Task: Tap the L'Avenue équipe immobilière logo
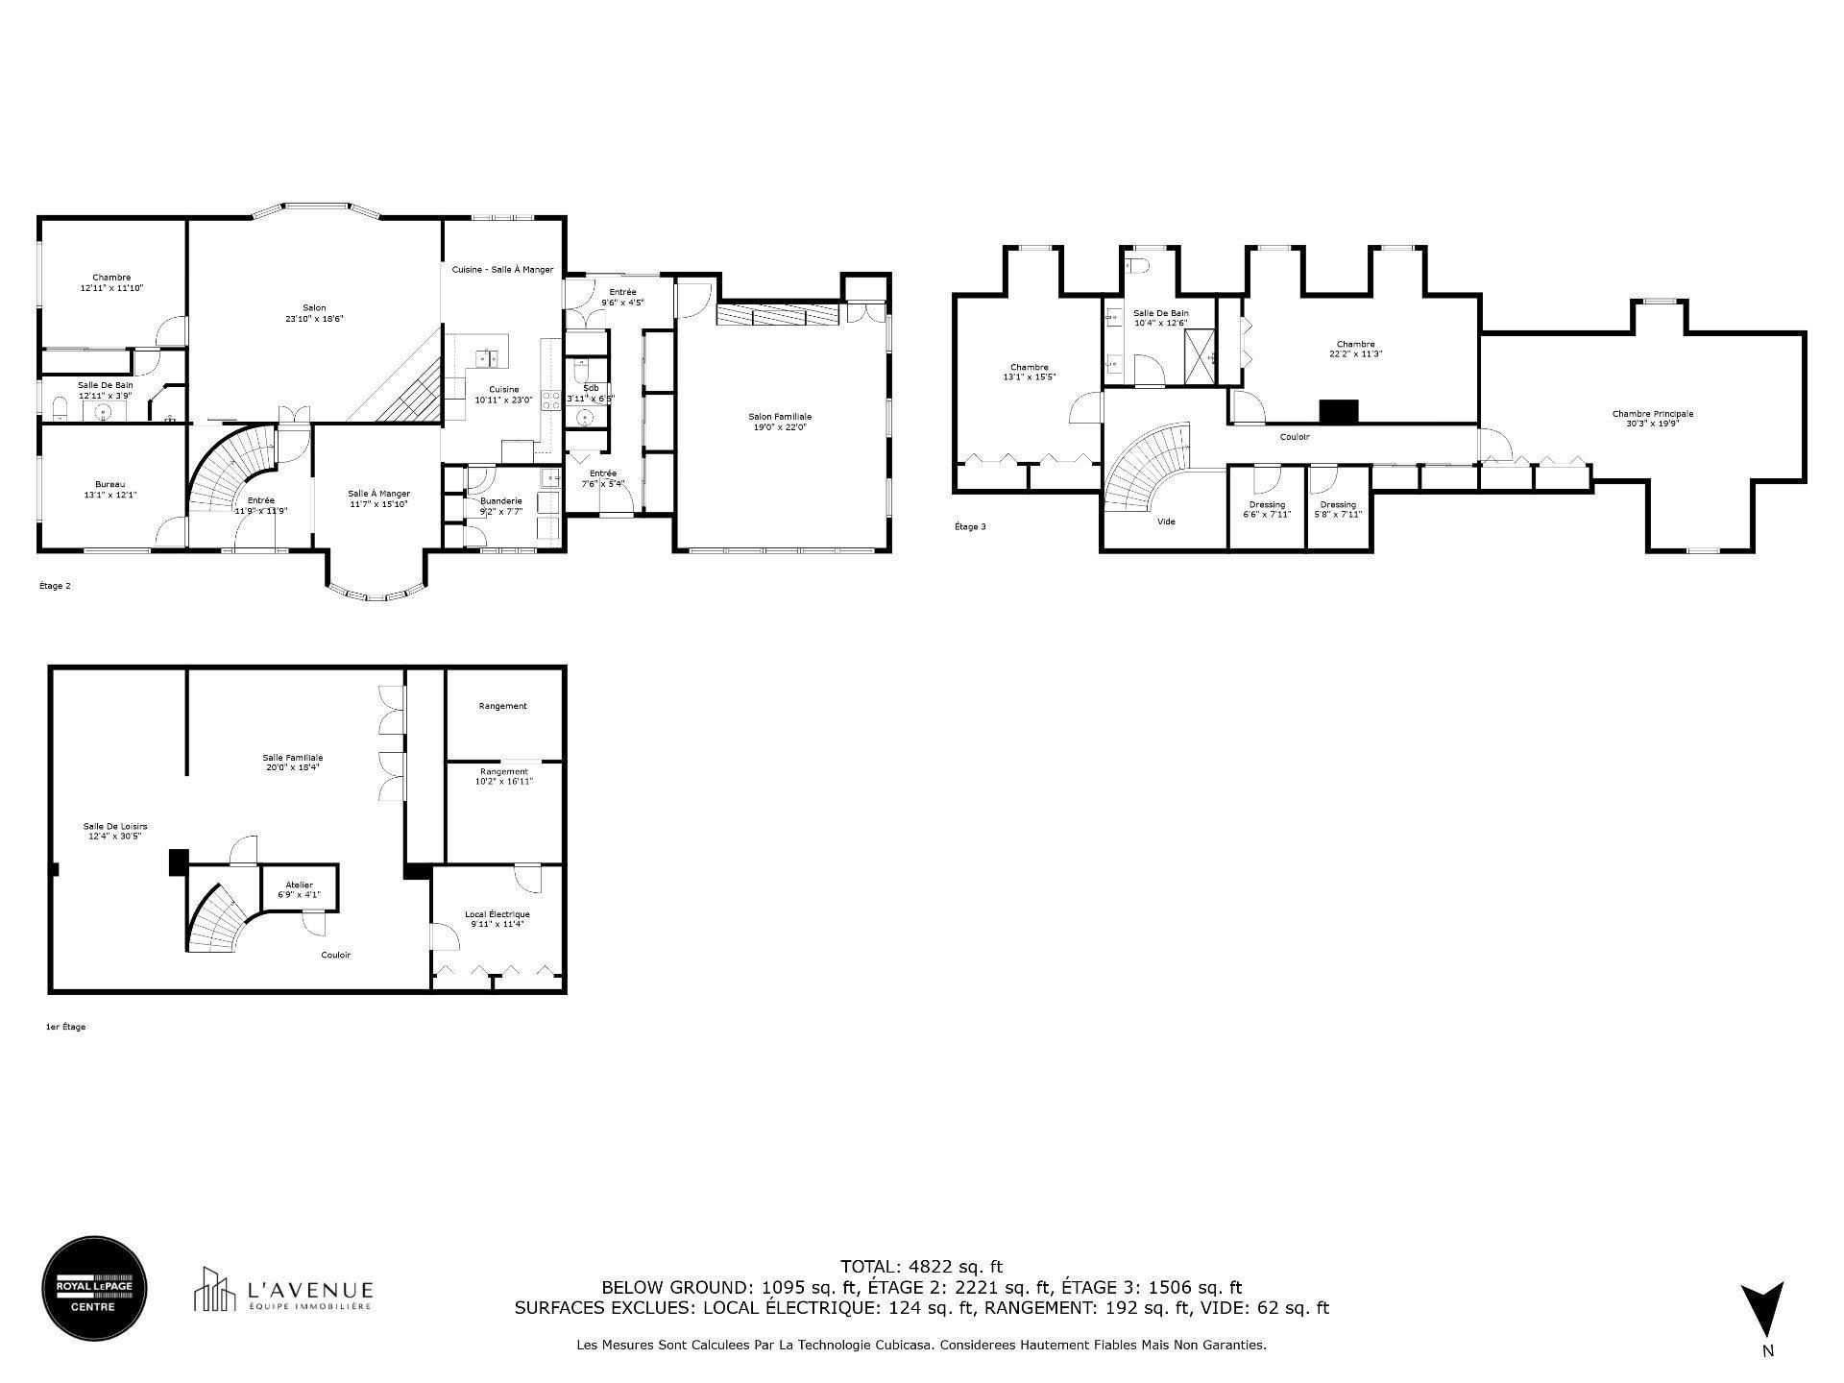(x=283, y=1290)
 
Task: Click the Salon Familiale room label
(x=780, y=422)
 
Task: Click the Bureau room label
(x=109, y=490)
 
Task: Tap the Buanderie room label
(x=501, y=506)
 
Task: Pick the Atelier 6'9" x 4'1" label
(x=299, y=889)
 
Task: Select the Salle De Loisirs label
(x=115, y=831)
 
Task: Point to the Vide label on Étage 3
(x=1166, y=522)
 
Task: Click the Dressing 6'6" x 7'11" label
(x=1267, y=509)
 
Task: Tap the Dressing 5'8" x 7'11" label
(x=1338, y=509)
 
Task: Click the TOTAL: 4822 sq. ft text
(x=921, y=1267)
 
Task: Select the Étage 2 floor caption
(x=55, y=586)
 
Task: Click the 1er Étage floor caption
(x=65, y=1027)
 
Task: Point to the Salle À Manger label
(x=378, y=498)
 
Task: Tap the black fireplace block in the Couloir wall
(x=1338, y=412)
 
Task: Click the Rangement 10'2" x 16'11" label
(x=504, y=776)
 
